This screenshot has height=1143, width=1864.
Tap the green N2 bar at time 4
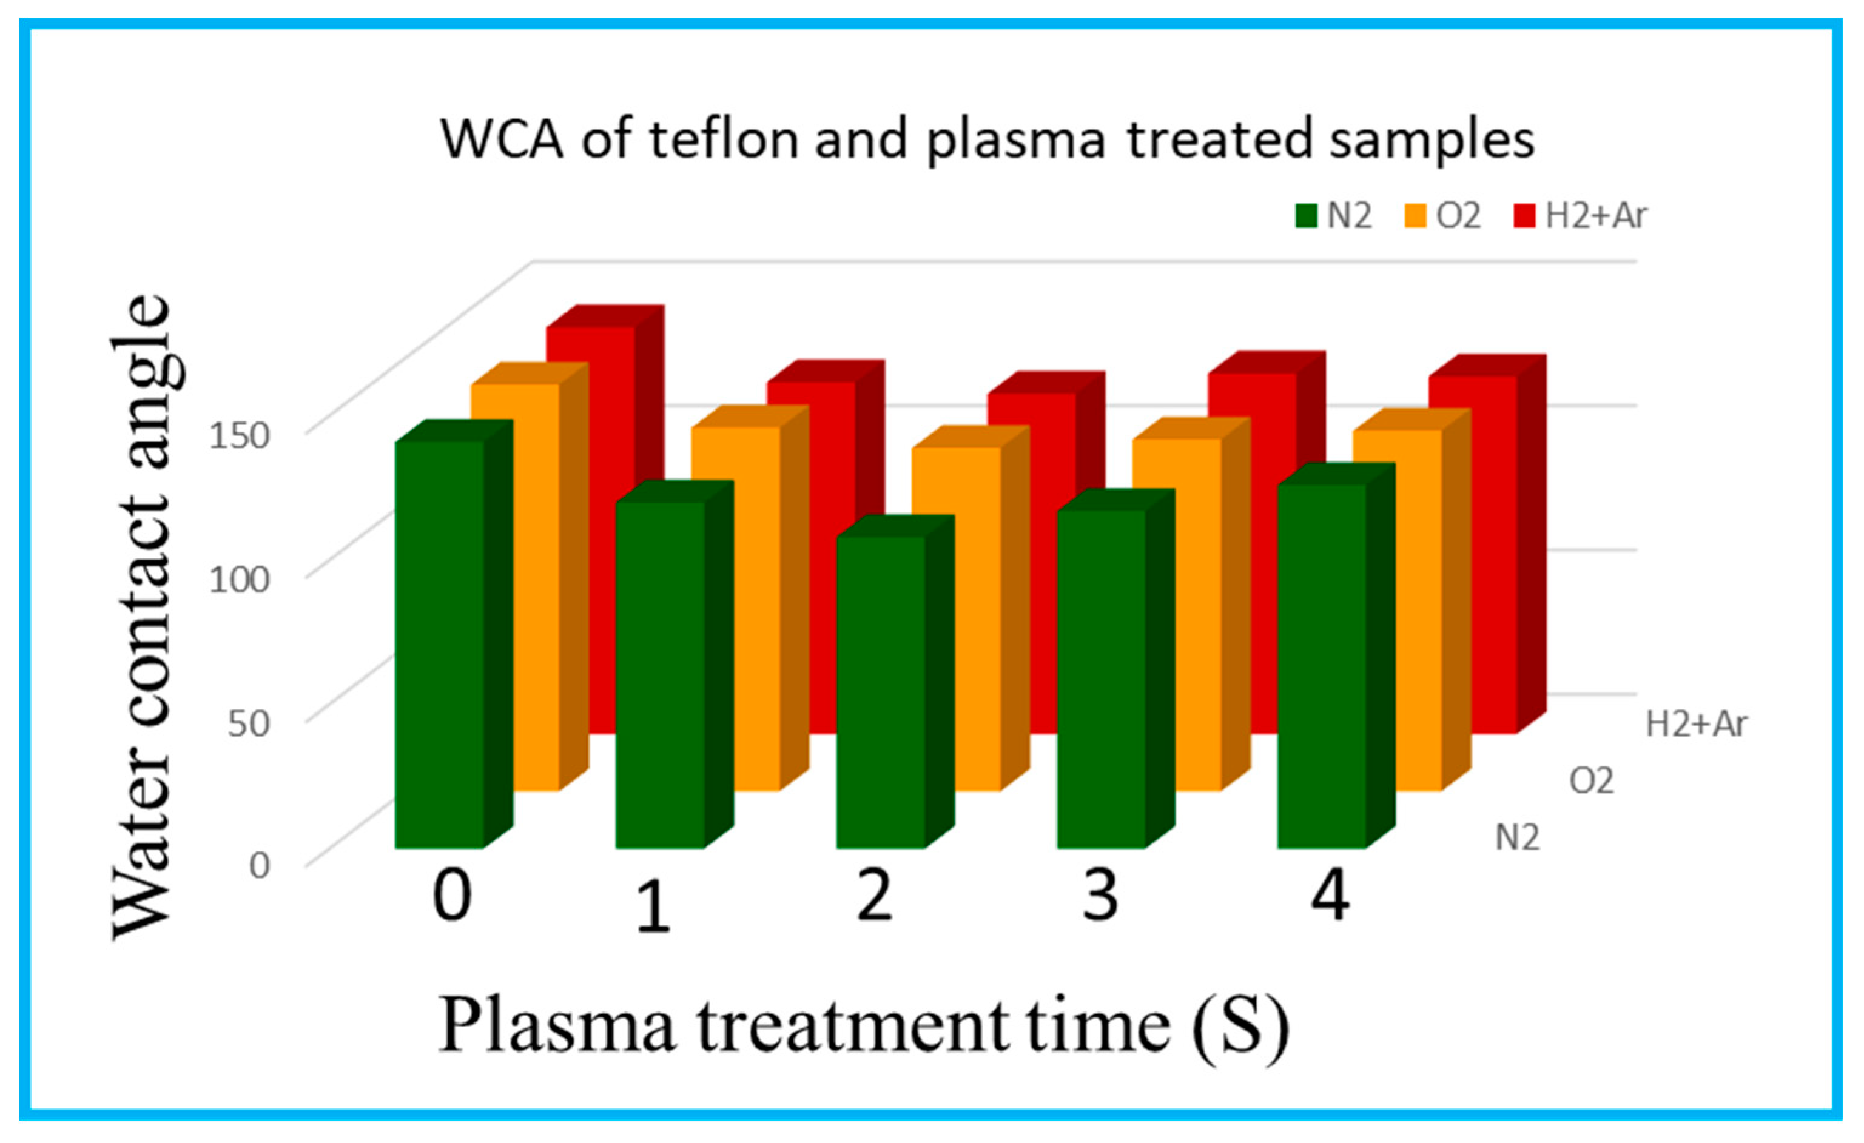click(1322, 666)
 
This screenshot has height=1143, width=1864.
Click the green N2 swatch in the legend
click(1307, 216)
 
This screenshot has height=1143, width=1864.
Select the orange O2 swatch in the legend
click(1416, 216)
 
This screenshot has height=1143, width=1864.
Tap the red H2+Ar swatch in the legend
click(1524, 216)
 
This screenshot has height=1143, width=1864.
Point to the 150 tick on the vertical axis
click(239, 437)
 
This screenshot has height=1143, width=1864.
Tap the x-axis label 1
click(653, 908)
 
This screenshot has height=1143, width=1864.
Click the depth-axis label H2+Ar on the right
click(1696, 725)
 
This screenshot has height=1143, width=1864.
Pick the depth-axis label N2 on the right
click(1518, 838)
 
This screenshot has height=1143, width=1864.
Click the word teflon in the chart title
click(724, 140)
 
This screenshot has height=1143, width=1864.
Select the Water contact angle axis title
click(141, 617)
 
